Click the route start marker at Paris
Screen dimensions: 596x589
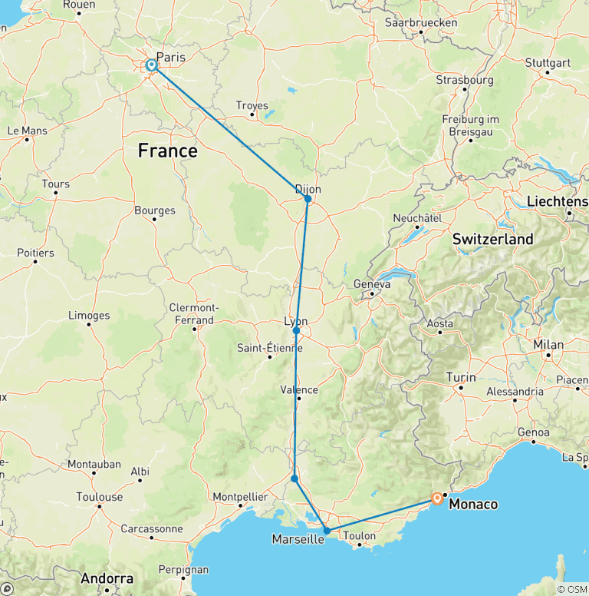[152, 66]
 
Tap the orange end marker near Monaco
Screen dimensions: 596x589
[436, 498]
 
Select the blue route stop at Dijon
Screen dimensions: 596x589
[308, 198]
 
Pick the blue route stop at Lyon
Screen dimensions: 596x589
[296, 331]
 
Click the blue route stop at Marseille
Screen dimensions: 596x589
[327, 530]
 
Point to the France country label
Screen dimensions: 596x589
[167, 151]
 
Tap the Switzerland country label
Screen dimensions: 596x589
[492, 240]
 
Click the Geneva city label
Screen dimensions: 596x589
[372, 284]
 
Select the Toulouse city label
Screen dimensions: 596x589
[100, 497]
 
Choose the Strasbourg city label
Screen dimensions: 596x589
[464, 80]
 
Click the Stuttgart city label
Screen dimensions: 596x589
[548, 62]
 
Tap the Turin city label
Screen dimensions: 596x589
[460, 378]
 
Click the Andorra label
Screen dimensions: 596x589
[108, 578]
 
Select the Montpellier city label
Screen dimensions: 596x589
[241, 496]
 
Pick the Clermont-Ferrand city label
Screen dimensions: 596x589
[192, 313]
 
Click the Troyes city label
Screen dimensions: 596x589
[252, 106]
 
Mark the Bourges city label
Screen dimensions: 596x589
[154, 210]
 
